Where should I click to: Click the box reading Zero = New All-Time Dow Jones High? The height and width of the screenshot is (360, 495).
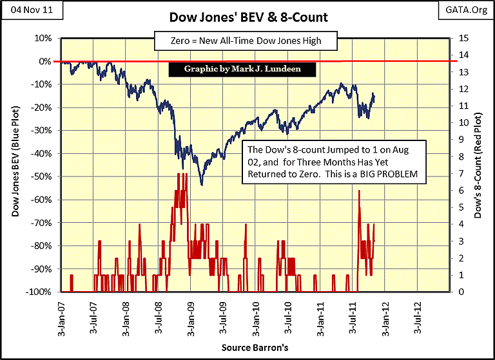pos(246,41)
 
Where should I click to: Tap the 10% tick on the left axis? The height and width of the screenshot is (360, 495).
pos(43,38)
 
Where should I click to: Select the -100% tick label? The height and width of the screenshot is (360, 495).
pos(39,292)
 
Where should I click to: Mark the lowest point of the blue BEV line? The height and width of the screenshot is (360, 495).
pos(202,185)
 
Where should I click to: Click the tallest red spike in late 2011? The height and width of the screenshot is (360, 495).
pos(359,191)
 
